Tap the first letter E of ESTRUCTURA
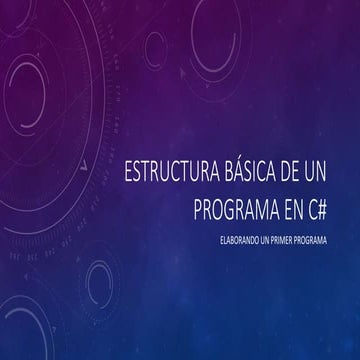(x=124, y=172)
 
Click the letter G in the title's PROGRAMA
(x=234, y=203)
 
